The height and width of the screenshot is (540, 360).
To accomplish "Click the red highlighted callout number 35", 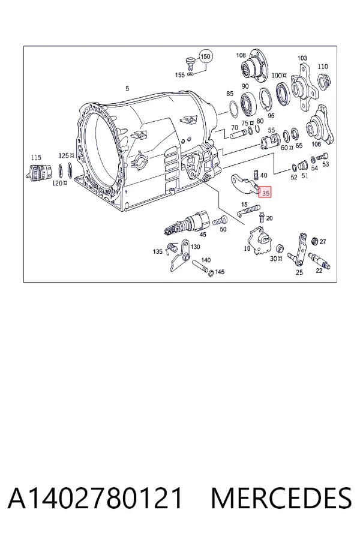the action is pyautogui.click(x=265, y=193).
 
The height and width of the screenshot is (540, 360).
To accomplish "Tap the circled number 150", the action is pyautogui.click(x=205, y=56).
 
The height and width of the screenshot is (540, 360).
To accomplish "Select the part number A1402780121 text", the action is pyautogui.click(x=95, y=498).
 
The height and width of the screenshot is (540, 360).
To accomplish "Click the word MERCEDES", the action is pyautogui.click(x=281, y=498).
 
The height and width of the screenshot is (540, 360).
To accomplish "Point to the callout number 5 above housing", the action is pyautogui.click(x=127, y=89).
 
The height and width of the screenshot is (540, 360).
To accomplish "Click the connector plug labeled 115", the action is pyautogui.click(x=39, y=172).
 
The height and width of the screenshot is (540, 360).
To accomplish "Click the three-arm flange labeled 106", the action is pyautogui.click(x=320, y=125).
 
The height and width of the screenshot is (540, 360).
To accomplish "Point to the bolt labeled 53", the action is pyautogui.click(x=323, y=157).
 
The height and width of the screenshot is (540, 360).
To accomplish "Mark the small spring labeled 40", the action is pyautogui.click(x=256, y=175).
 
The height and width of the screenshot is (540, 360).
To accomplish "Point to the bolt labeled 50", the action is pyautogui.click(x=220, y=220).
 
